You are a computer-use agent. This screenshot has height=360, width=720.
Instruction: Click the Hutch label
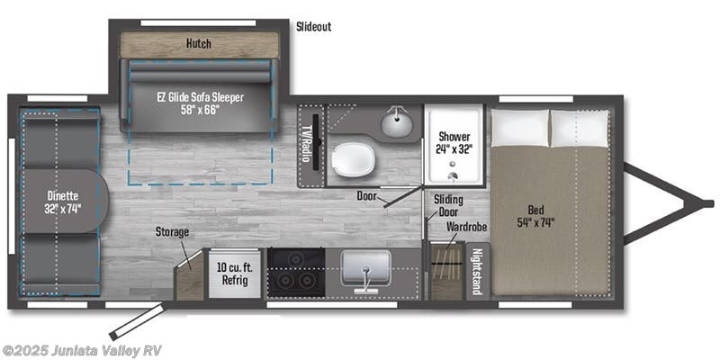[199, 42]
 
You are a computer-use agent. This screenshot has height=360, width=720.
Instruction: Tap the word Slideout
[313, 27]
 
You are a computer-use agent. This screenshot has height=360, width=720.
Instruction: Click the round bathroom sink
[395, 122]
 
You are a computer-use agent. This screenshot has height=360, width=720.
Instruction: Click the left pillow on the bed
[520, 128]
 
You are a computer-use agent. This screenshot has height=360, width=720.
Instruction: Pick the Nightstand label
[477, 273]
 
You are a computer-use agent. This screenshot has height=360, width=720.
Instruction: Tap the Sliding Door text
[448, 206]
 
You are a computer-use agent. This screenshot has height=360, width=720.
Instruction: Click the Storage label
[171, 232]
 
